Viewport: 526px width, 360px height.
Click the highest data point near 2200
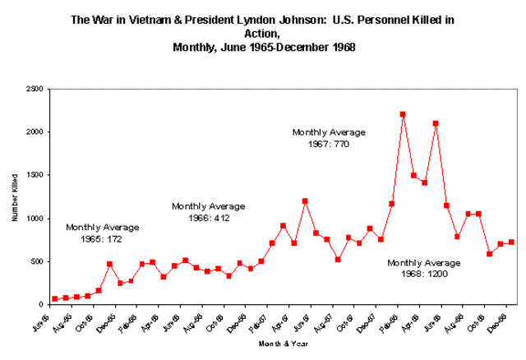403,114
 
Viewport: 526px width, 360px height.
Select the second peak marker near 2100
436,123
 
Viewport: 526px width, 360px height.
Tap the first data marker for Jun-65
55,299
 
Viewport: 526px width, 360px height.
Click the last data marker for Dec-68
511,242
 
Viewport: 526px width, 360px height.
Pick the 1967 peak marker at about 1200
305,201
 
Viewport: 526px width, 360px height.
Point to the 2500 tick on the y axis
35,89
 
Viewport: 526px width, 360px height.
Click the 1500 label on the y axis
35,175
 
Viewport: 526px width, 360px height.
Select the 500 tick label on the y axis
37,261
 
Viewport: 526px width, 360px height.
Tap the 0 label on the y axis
41,305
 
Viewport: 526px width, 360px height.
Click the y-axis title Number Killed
16,197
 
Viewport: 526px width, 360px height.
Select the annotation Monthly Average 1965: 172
103,233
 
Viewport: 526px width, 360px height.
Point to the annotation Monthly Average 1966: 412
208,211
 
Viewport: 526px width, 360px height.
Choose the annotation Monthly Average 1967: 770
329,137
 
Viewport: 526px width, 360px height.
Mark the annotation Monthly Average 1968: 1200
424,268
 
